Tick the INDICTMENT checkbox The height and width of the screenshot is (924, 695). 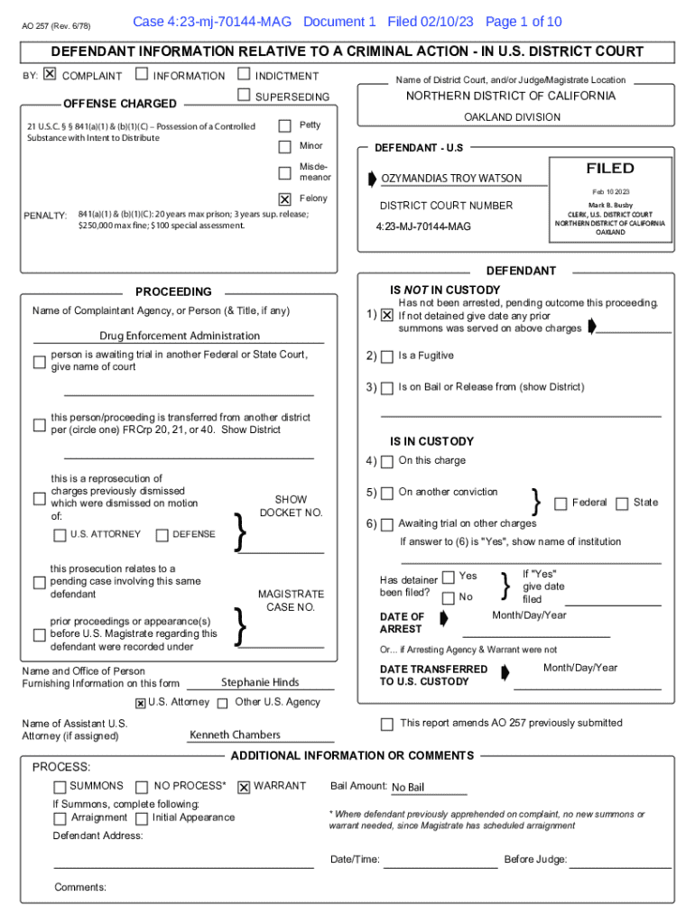pyautogui.click(x=244, y=75)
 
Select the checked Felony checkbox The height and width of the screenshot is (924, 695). pyautogui.click(x=285, y=199)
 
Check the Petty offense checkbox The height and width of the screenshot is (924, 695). pyautogui.click(x=285, y=125)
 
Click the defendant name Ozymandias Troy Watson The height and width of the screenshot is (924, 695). pyautogui.click(x=450, y=179)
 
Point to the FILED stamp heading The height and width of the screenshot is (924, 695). pyautogui.click(x=610, y=169)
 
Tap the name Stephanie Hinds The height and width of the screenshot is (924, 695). pyautogui.click(x=260, y=682)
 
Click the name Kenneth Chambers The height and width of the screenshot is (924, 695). pyautogui.click(x=235, y=735)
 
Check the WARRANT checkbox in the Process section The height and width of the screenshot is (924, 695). pyautogui.click(x=244, y=787)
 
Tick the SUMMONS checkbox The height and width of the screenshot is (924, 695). pyautogui.click(x=60, y=787)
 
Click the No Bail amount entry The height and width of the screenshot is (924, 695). pyautogui.click(x=408, y=787)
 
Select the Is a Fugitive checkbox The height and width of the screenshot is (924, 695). pyautogui.click(x=387, y=356)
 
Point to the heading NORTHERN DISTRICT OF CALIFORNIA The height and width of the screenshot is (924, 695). pyautogui.click(x=511, y=96)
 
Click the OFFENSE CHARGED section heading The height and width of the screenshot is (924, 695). pyautogui.click(x=120, y=104)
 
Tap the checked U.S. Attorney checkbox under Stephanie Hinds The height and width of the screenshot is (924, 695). pyautogui.click(x=140, y=703)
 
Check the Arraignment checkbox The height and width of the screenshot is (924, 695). pyautogui.click(x=60, y=818)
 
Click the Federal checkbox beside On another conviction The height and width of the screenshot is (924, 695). pyautogui.click(x=561, y=504)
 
